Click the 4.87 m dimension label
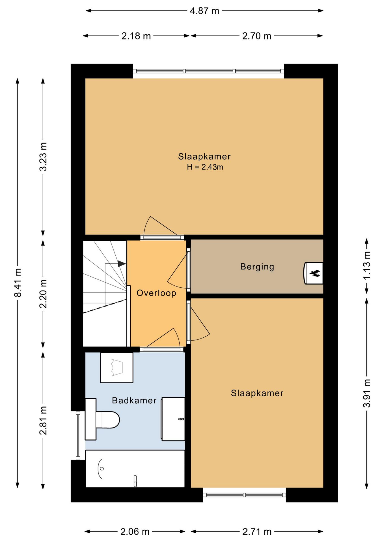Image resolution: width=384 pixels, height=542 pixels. (x=204, y=11)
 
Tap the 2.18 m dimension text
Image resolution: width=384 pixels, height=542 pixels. (x=136, y=36)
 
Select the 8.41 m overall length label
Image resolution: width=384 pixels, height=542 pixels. (x=18, y=283)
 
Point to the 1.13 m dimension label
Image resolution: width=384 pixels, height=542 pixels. (x=367, y=266)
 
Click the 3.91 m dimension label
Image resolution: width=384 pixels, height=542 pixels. (x=367, y=393)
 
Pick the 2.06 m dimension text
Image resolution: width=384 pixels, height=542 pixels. (x=135, y=532)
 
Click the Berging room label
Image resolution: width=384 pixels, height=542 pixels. (x=257, y=267)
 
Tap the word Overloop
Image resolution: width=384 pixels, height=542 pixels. (x=156, y=293)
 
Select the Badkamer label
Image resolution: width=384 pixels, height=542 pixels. (x=134, y=400)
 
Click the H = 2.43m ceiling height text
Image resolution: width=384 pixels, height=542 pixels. (x=205, y=167)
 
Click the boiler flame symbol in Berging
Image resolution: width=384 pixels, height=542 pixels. (x=315, y=273)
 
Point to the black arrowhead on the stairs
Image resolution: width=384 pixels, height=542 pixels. (x=122, y=264)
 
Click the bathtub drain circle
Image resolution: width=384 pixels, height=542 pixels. (x=102, y=469)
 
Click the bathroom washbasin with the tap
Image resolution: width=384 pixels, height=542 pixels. (x=173, y=419)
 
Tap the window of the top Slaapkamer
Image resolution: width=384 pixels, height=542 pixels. (x=208, y=71)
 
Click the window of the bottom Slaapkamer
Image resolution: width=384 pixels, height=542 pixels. (x=244, y=495)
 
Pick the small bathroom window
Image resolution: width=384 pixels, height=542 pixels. (x=78, y=435)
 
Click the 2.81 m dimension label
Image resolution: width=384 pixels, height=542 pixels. (x=43, y=420)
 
